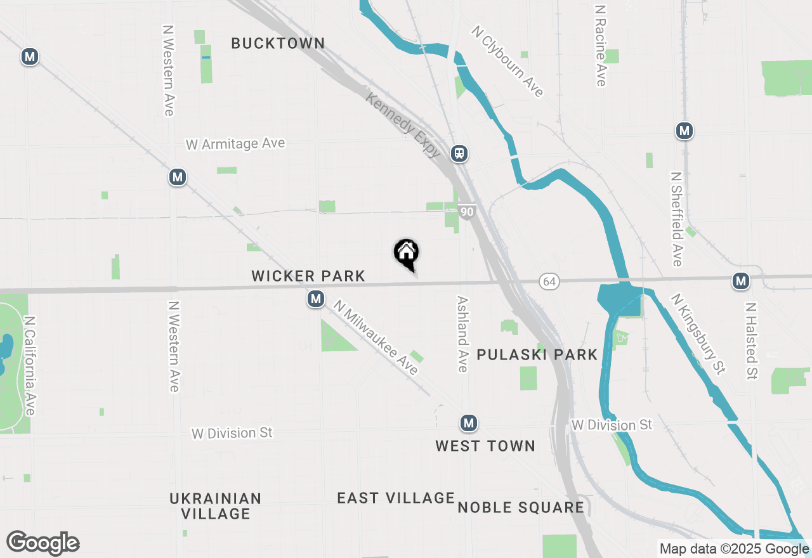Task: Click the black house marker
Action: coord(407,254)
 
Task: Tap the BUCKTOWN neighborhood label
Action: coord(278,44)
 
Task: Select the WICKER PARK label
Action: coord(308,276)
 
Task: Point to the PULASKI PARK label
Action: coord(537,354)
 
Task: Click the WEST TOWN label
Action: coord(485,446)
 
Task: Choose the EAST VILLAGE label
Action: coord(396,498)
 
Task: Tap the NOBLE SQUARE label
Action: coord(521,507)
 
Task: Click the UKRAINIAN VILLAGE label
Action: coord(216,506)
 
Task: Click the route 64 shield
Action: coord(549,281)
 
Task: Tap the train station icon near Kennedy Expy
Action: coord(459,153)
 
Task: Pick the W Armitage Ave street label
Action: coord(235,144)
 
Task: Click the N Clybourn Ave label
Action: coord(507,62)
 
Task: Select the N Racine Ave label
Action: coord(601,46)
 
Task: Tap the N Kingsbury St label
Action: coord(698,334)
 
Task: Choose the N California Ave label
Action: coord(29,366)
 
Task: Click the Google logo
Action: coord(43,543)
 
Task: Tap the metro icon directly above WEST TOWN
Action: coord(469,423)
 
